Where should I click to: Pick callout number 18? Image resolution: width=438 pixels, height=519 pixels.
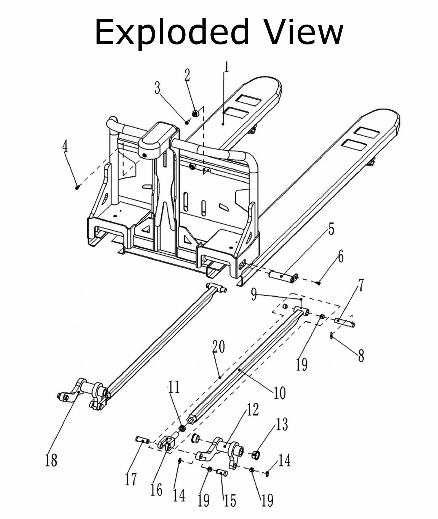pos(51,460)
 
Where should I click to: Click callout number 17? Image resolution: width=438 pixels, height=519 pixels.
pos(131,480)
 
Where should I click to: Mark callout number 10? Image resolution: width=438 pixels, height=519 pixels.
pos(279,392)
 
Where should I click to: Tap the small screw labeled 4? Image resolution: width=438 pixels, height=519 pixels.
pos(77,187)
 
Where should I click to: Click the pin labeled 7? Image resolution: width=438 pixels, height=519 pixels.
pos(344,322)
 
